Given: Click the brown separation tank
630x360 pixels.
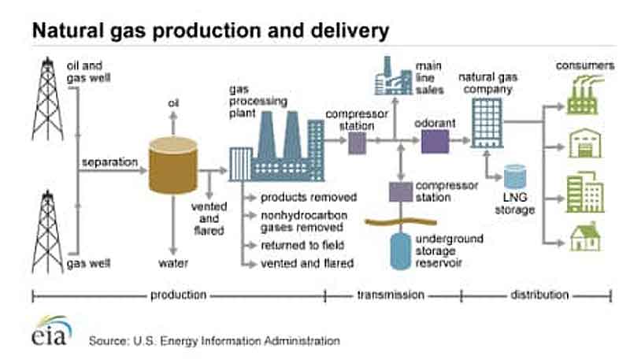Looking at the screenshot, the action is (x=173, y=165).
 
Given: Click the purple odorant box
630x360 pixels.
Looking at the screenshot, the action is (x=435, y=142).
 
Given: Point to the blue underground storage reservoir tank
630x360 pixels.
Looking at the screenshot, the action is (x=401, y=251).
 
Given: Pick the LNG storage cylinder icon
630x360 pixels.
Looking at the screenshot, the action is (x=515, y=176).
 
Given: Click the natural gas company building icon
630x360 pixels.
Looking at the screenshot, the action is (x=487, y=123).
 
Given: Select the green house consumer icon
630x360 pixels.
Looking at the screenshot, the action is (x=585, y=238).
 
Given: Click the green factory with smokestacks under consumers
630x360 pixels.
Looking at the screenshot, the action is (x=584, y=97).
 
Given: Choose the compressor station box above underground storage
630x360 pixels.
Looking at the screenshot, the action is (x=401, y=191).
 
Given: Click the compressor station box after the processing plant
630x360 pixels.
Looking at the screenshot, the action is (x=357, y=143).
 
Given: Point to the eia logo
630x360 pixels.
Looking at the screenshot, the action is (x=52, y=331).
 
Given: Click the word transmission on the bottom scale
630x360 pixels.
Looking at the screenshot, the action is (x=391, y=295).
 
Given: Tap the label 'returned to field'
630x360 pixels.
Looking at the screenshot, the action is (x=302, y=245).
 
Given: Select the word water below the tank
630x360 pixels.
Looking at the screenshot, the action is (x=173, y=263).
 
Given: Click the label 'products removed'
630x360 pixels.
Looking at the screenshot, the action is (x=309, y=197).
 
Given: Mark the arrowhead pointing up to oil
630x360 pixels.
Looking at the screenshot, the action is (x=173, y=116).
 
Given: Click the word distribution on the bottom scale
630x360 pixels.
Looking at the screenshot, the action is (x=539, y=295).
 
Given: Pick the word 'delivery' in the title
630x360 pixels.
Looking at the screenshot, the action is (x=350, y=31).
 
